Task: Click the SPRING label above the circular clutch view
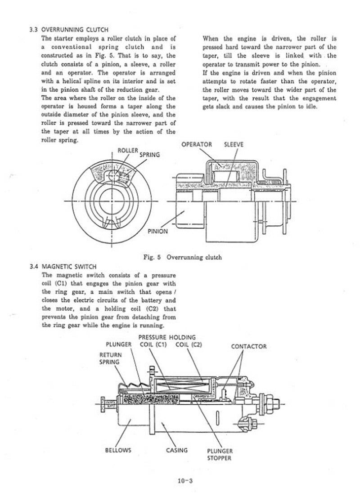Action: [149, 155]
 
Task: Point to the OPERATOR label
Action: [197, 144]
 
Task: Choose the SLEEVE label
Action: [234, 144]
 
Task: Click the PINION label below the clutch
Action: [157, 232]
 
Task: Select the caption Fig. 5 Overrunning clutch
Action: [182, 258]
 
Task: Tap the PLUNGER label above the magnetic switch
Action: [118, 345]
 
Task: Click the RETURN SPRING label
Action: [109, 358]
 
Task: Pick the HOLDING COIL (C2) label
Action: [189, 341]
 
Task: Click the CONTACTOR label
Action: [248, 347]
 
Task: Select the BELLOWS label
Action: [118, 450]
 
